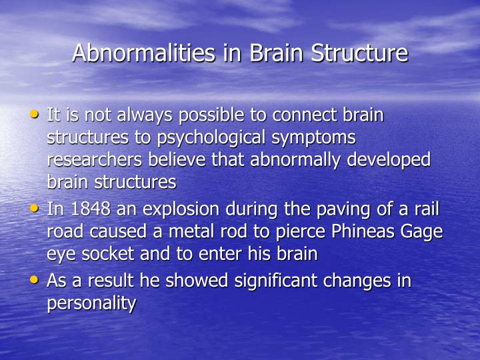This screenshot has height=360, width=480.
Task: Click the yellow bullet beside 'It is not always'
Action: click(x=35, y=114)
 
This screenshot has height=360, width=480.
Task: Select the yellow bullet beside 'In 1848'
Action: click(x=35, y=208)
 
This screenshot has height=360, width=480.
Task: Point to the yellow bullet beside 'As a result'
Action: click(x=35, y=279)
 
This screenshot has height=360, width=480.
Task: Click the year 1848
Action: click(x=89, y=209)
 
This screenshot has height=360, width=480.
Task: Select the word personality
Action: click(x=91, y=304)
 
